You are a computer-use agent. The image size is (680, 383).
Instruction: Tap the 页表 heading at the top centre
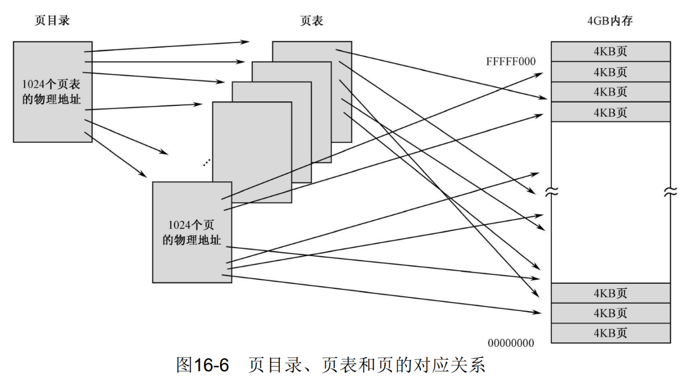(x=311, y=22)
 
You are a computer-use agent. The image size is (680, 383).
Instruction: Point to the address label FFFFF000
(x=511, y=62)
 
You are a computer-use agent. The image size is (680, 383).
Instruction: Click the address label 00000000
(x=511, y=343)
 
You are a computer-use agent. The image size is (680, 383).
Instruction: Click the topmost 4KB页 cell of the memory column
(x=610, y=52)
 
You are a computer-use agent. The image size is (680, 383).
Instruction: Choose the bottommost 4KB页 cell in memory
(x=610, y=333)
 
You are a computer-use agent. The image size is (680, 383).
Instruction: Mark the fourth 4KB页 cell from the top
(x=610, y=112)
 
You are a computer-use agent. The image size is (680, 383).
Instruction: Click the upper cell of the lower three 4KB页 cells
(x=610, y=293)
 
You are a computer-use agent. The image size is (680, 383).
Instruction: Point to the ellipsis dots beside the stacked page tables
(x=206, y=163)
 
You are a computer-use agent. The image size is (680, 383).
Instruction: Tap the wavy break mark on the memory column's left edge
(x=551, y=192)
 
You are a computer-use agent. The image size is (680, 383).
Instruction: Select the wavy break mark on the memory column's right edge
(x=670, y=192)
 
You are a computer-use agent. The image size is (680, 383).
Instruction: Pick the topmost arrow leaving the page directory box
(x=167, y=46)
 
